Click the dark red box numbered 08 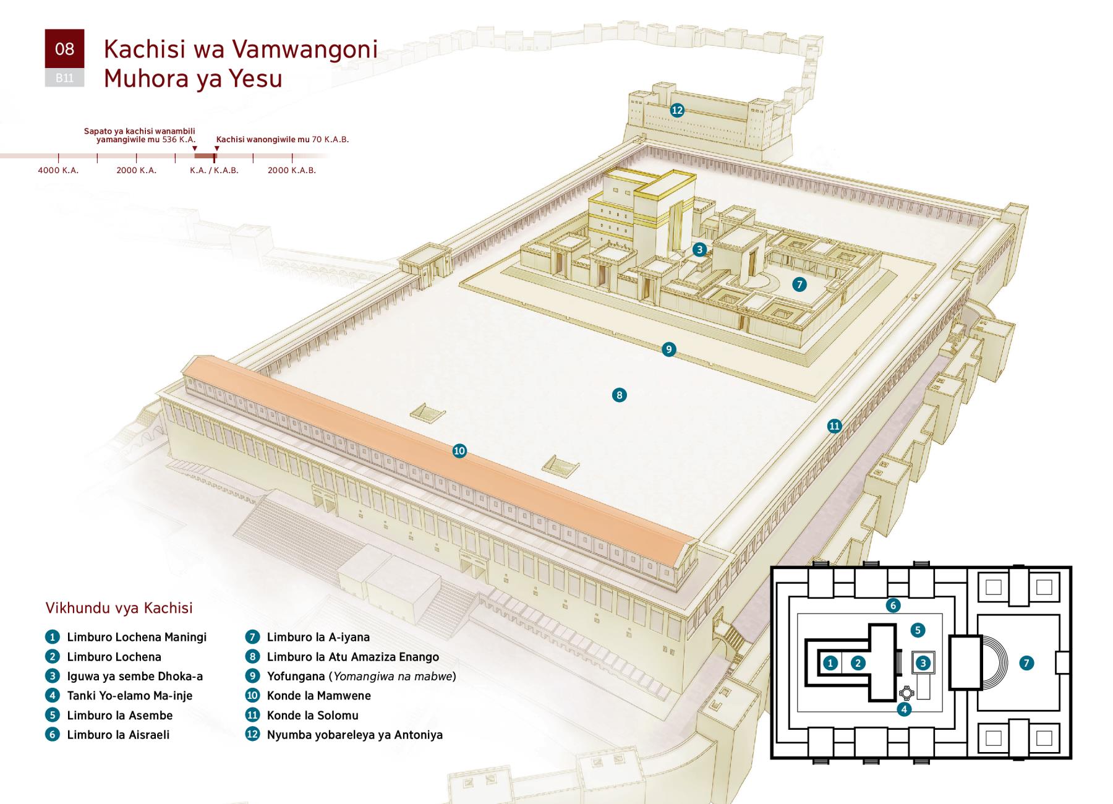[x=64, y=49]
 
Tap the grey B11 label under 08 [x=64, y=78]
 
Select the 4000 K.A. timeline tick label [x=58, y=170]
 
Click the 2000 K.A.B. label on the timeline [x=291, y=170]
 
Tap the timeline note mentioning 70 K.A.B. [x=283, y=140]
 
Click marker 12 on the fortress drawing [x=677, y=110]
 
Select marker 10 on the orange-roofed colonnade [x=459, y=451]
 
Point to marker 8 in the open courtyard [x=619, y=395]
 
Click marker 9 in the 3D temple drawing [x=668, y=349]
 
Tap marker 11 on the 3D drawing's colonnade [x=835, y=426]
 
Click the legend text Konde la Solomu [x=312, y=716]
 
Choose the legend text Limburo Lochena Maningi [x=137, y=637]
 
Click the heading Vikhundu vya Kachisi [x=119, y=608]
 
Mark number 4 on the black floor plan [x=904, y=709]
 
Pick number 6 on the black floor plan [x=892, y=605]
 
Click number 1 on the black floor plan [x=830, y=663]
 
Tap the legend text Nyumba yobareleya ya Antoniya [x=354, y=735]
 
